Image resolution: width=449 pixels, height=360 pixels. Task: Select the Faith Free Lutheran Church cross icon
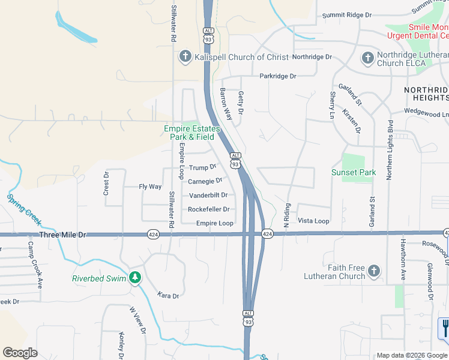point(374,271)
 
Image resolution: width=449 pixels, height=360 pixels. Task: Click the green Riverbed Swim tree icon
point(136,277)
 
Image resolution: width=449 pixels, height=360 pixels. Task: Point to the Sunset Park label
point(354,173)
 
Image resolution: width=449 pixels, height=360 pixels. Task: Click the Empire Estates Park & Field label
point(192,133)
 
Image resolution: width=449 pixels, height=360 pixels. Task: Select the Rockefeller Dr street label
point(209,209)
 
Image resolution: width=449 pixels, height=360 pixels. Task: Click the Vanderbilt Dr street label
point(208,195)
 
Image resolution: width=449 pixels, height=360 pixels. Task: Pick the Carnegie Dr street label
point(205,181)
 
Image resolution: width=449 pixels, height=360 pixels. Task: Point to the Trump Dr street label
point(202,167)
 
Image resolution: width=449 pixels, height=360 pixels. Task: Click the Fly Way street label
point(150,187)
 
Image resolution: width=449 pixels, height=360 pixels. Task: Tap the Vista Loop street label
point(314,221)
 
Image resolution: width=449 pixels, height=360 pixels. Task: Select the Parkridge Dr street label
point(278,76)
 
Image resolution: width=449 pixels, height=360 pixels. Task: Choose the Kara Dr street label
point(168,296)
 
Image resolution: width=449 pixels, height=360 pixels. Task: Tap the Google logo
point(20,352)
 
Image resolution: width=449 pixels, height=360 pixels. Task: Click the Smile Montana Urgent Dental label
point(427,31)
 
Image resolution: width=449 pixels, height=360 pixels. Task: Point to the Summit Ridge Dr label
point(347,15)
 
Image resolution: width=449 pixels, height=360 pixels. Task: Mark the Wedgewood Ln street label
point(426,112)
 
